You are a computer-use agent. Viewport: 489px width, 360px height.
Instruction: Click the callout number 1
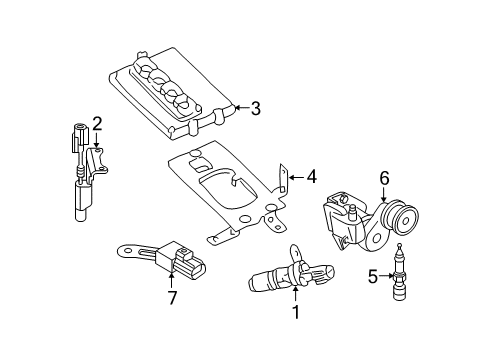point(295,312)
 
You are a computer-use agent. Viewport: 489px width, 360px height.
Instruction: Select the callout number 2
point(97,123)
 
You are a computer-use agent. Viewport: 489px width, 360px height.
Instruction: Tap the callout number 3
point(256,108)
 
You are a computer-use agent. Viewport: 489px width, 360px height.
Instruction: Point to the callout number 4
point(311,177)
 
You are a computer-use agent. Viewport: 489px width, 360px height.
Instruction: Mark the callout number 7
point(172,297)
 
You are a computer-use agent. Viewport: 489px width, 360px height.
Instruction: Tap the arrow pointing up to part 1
point(295,294)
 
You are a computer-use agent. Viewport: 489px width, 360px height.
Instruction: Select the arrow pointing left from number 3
point(241,108)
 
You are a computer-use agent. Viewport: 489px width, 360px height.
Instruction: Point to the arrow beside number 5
point(388,275)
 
